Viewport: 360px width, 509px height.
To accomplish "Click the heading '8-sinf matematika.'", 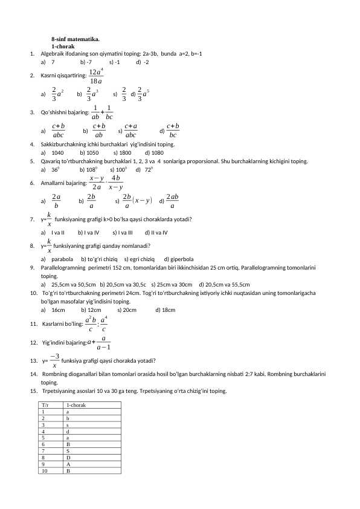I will pyautogui.click(x=76, y=39).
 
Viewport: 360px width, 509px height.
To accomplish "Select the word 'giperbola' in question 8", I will pyautogui.click(x=178, y=258).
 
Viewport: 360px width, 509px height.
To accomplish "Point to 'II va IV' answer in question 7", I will pyautogui.click(x=158, y=232).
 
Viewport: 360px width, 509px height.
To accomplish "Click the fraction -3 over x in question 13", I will pyautogui.click(x=54, y=361).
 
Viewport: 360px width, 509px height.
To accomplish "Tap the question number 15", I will pyautogui.click(x=33, y=391).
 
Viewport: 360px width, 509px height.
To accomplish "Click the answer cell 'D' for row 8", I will pyautogui.click(x=68, y=458).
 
